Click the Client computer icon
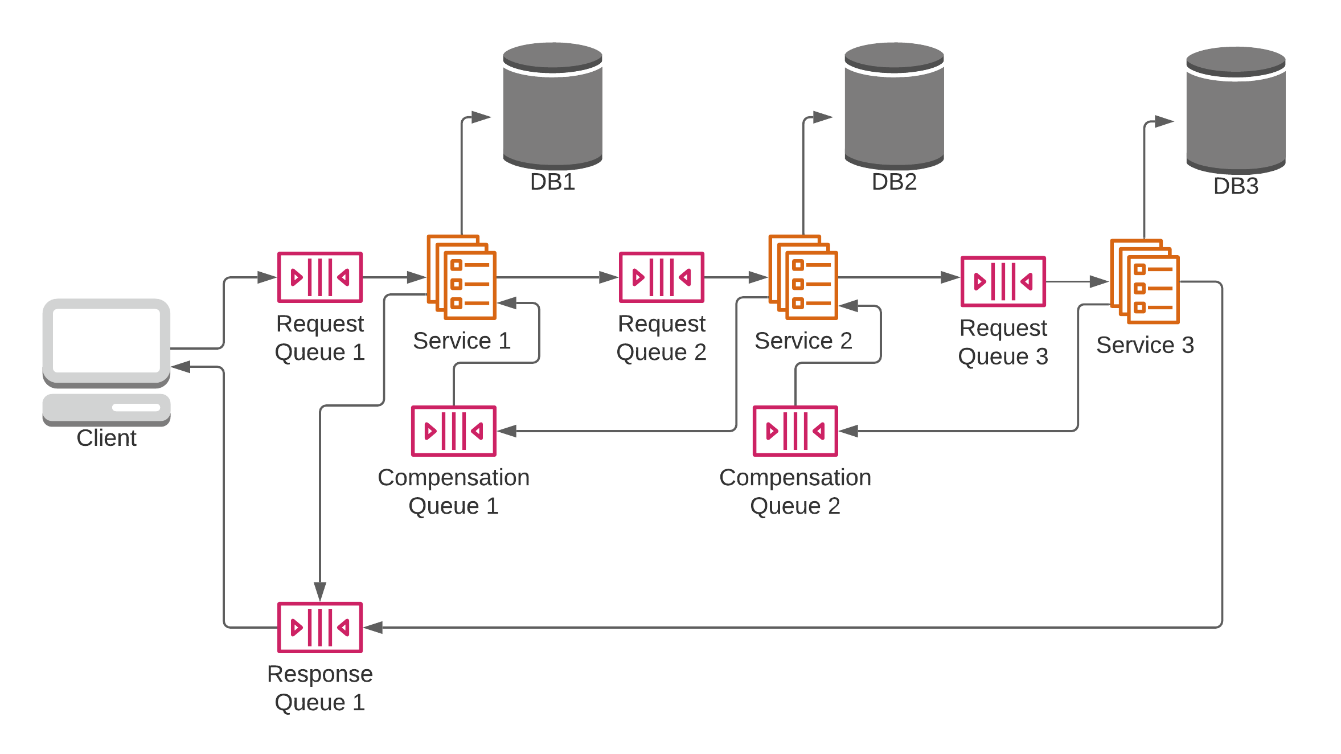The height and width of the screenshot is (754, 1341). (x=106, y=362)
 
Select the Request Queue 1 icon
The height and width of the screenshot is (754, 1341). (x=320, y=277)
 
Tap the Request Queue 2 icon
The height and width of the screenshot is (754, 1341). (x=662, y=277)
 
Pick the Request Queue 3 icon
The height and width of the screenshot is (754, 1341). (x=1003, y=281)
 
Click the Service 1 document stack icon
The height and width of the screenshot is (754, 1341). (x=462, y=277)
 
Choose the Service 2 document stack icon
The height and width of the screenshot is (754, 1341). (x=803, y=277)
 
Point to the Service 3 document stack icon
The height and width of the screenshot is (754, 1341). (x=1145, y=281)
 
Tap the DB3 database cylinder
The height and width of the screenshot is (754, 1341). (x=1236, y=110)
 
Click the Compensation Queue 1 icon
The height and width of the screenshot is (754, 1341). (x=454, y=431)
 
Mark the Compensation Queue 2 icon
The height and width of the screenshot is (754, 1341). (x=795, y=431)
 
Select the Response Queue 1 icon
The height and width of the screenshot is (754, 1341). (x=320, y=628)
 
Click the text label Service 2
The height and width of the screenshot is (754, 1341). (x=803, y=341)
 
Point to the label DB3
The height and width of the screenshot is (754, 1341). (x=1236, y=186)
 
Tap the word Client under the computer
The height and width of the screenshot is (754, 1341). (x=106, y=438)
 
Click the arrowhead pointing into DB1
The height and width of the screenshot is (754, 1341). (x=482, y=117)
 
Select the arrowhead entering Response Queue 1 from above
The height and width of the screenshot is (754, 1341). (x=320, y=591)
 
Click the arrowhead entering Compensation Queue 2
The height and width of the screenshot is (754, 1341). (x=848, y=431)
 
